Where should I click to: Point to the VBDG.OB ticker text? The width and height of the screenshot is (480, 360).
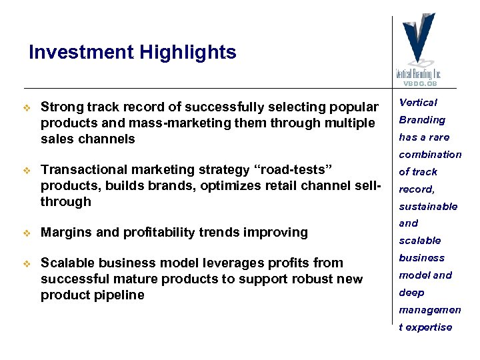419,83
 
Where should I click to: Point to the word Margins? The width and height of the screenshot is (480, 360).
65,233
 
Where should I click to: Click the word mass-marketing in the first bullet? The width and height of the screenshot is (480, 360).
156,123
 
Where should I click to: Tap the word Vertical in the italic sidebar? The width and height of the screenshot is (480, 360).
418,103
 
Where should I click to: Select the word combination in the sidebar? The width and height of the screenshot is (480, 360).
430,155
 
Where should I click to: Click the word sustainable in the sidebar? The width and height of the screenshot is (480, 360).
428,207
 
